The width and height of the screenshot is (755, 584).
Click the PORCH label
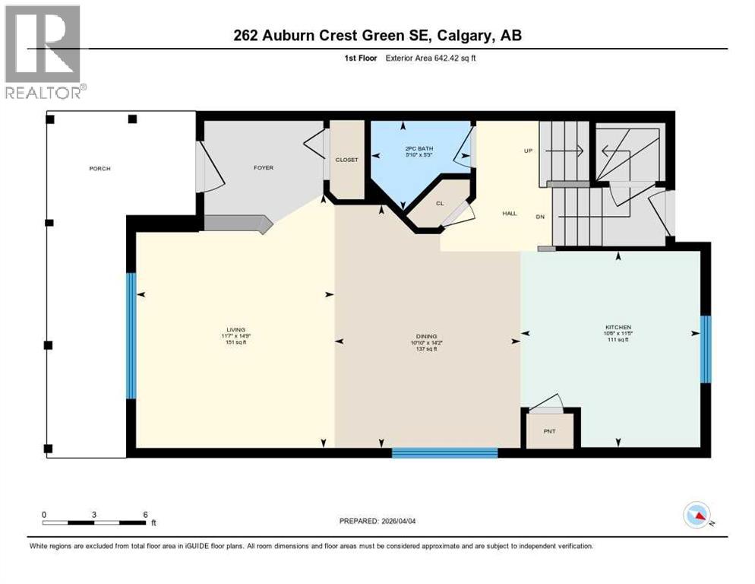pos(100,168)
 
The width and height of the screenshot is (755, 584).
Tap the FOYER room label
pos(264,167)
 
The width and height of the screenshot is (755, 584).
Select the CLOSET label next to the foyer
pos(346,160)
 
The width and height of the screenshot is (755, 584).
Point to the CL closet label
pos(440,203)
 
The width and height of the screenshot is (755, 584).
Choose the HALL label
pos(509,214)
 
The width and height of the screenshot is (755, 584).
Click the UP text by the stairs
pos(528,151)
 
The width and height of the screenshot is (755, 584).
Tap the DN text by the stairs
pos(540,217)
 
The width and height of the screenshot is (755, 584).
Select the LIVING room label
pos(235,329)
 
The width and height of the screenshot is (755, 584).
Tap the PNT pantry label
pos(550,432)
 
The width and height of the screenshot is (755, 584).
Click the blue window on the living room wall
pos(131,335)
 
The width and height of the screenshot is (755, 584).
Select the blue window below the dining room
pos(444,452)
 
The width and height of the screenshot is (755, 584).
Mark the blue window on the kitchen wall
pos(705,349)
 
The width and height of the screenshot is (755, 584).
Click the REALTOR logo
pos(45,52)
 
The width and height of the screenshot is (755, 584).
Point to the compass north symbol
pos(697,516)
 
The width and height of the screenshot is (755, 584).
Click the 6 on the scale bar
pos(145,514)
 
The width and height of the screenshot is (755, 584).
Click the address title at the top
pos(377,35)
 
